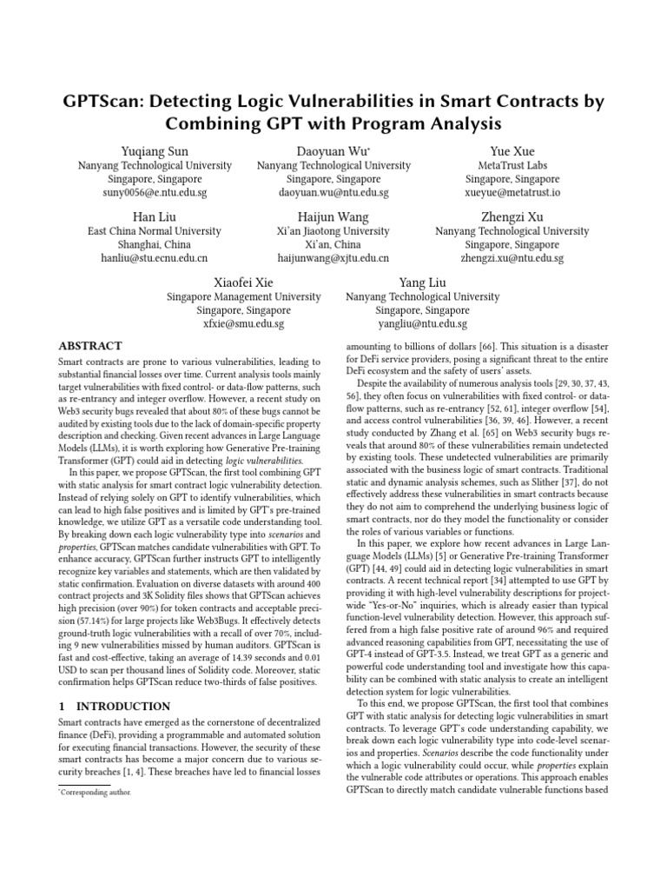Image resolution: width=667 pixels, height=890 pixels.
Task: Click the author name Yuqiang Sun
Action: coord(155,151)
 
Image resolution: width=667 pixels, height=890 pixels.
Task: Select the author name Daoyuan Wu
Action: coord(333,151)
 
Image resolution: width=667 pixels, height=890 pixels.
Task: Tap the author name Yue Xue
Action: coord(512,151)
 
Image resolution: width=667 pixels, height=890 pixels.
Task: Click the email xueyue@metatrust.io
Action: coord(512,193)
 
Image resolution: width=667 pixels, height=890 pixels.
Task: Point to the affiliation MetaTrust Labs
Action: coord(512,165)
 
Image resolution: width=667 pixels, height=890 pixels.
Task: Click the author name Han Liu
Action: coord(155,216)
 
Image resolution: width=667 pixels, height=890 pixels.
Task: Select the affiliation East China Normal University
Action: coord(155,231)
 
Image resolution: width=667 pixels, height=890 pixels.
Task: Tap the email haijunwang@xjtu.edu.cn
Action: coord(333,259)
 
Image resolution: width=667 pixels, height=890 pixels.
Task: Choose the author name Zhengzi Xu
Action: coord(512,216)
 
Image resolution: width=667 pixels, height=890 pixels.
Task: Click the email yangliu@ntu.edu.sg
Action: coord(422,324)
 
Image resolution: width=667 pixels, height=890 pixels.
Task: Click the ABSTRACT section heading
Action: coord(89,346)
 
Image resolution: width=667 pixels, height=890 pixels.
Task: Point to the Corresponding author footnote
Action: coord(93,794)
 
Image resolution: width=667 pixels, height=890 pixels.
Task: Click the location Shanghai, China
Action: coord(155,245)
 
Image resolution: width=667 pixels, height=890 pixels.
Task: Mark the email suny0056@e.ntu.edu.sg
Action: coord(155,193)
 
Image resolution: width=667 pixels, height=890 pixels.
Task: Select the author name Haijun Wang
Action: coord(333,216)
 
